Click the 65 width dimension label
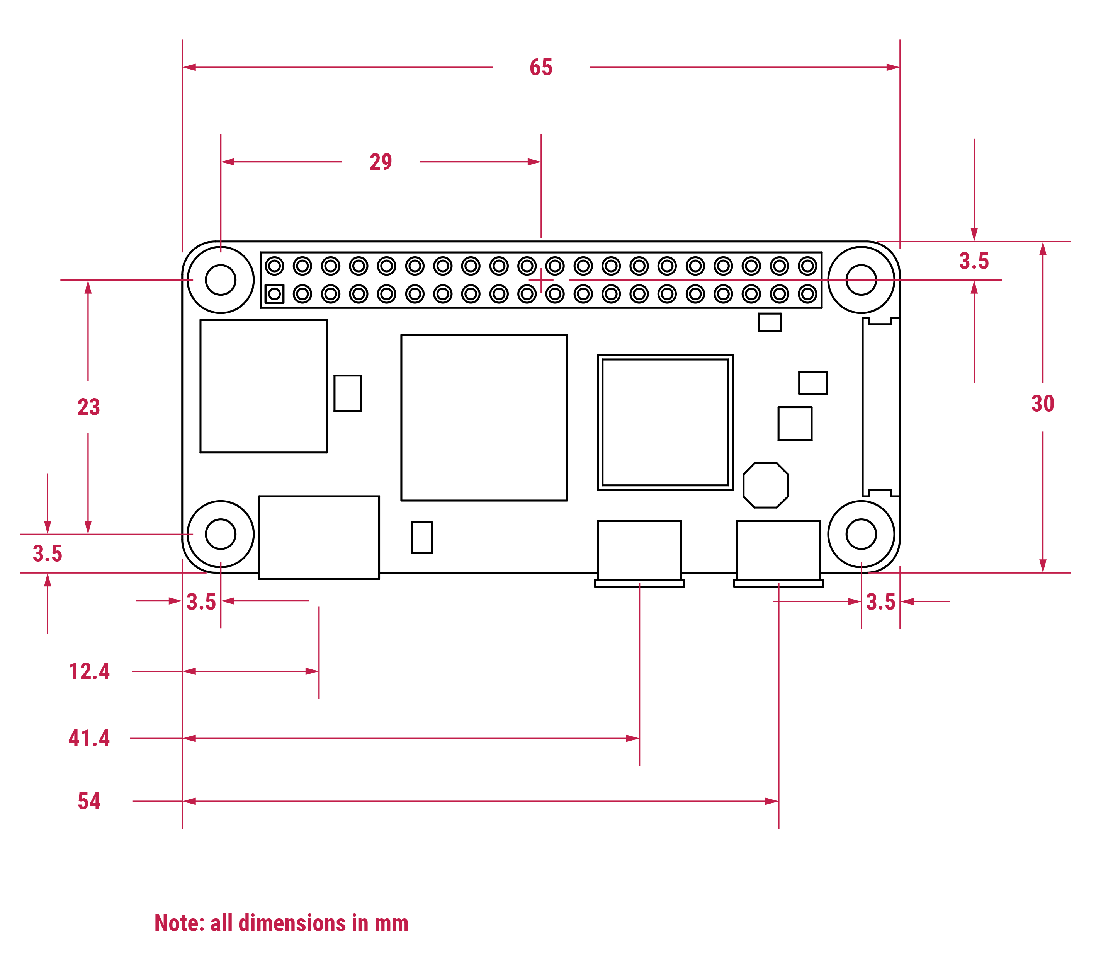(541, 68)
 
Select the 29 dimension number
(381, 162)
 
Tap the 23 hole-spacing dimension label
(89, 407)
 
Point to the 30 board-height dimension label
(1043, 404)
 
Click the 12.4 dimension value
(89, 671)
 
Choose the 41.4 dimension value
(89, 738)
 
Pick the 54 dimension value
(89, 801)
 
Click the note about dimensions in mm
(281, 923)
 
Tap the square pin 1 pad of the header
(274, 294)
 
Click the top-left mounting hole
(221, 280)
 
